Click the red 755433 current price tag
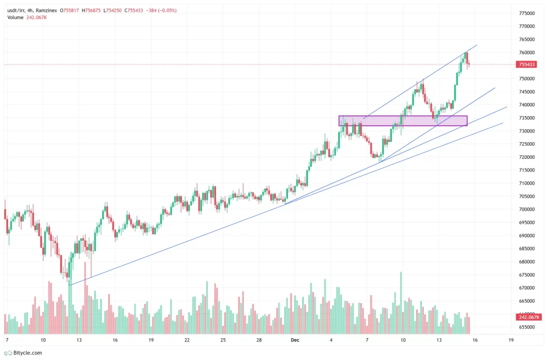(527, 65)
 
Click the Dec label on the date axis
(295, 340)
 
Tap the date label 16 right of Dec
(475, 340)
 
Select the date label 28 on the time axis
(259, 340)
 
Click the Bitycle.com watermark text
(27, 353)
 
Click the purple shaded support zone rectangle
(403, 121)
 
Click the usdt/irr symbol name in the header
(17, 10)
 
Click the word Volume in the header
(16, 18)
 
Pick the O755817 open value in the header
(71, 10)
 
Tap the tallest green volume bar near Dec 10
(400, 303)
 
